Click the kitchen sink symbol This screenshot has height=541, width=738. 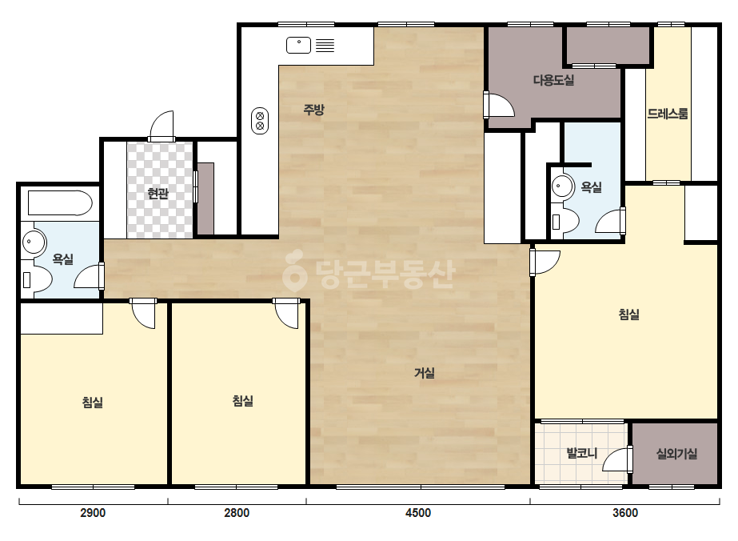point(298,46)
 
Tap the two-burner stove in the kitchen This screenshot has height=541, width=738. point(260,121)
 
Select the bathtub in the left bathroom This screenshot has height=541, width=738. point(60,202)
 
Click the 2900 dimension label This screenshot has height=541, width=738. point(93,513)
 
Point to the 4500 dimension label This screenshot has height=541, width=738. point(418,513)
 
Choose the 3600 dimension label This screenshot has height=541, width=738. point(625,513)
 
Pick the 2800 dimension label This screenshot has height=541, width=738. point(237,513)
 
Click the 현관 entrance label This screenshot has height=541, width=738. point(158,193)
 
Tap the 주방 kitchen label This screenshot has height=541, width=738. point(313,110)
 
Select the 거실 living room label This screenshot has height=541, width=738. point(424,373)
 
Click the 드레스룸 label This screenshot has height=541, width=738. point(668,114)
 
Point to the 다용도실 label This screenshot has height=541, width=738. point(553,80)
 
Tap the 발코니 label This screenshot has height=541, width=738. point(582,453)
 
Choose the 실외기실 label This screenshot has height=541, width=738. point(676,453)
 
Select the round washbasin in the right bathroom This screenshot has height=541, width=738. point(562,186)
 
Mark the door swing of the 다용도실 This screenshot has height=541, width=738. point(500,105)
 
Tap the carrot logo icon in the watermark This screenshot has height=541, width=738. point(295,270)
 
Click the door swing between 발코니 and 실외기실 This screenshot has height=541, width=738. point(617,459)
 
